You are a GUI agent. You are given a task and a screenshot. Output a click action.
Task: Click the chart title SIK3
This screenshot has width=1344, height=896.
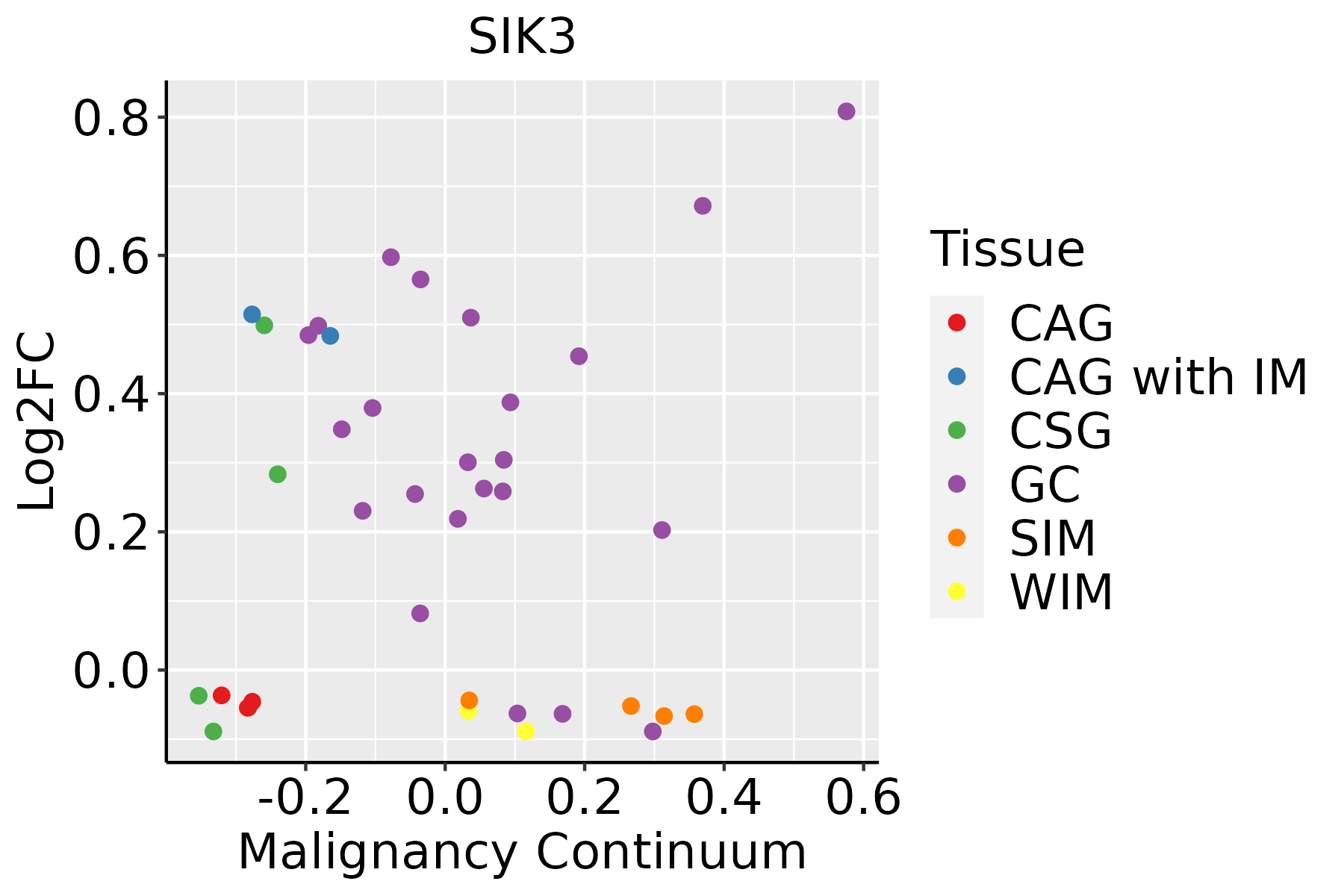tap(522, 37)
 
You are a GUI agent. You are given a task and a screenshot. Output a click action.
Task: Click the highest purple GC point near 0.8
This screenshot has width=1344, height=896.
tap(846, 111)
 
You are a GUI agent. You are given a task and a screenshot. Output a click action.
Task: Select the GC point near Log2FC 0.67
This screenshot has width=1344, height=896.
tap(703, 206)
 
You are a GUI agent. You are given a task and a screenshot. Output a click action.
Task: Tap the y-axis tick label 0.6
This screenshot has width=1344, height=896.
tap(111, 256)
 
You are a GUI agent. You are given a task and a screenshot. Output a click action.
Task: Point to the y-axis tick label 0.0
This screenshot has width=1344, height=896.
tap(111, 671)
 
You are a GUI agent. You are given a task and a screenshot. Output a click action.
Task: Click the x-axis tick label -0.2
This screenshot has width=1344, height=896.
tap(305, 798)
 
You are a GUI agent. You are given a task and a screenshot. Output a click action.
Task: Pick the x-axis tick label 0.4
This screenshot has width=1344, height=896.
tap(724, 798)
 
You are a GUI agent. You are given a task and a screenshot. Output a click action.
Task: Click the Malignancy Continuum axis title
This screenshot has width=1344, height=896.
tap(522, 852)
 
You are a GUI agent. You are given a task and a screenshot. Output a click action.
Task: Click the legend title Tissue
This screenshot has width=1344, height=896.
tap(1007, 249)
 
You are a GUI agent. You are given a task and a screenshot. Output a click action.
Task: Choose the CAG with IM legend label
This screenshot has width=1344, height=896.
tap(1158, 377)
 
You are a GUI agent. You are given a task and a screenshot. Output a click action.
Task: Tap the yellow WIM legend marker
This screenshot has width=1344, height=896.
tap(956, 591)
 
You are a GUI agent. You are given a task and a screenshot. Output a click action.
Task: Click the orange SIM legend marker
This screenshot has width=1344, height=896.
tap(956, 538)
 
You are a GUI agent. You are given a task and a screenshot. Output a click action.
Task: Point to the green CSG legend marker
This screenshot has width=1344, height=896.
tap(956, 430)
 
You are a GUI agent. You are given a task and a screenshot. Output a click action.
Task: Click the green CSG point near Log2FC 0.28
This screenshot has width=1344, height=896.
tap(278, 474)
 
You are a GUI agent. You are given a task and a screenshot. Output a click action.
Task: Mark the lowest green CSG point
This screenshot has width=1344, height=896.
tap(214, 731)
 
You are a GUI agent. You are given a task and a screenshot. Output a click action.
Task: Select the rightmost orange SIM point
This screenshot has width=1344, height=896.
tap(694, 715)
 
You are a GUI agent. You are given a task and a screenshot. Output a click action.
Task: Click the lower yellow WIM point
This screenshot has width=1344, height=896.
tap(526, 731)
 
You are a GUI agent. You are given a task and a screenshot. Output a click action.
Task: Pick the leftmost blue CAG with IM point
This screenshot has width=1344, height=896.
tap(252, 314)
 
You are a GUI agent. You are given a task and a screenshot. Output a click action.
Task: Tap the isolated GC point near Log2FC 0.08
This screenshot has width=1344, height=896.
tap(420, 613)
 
